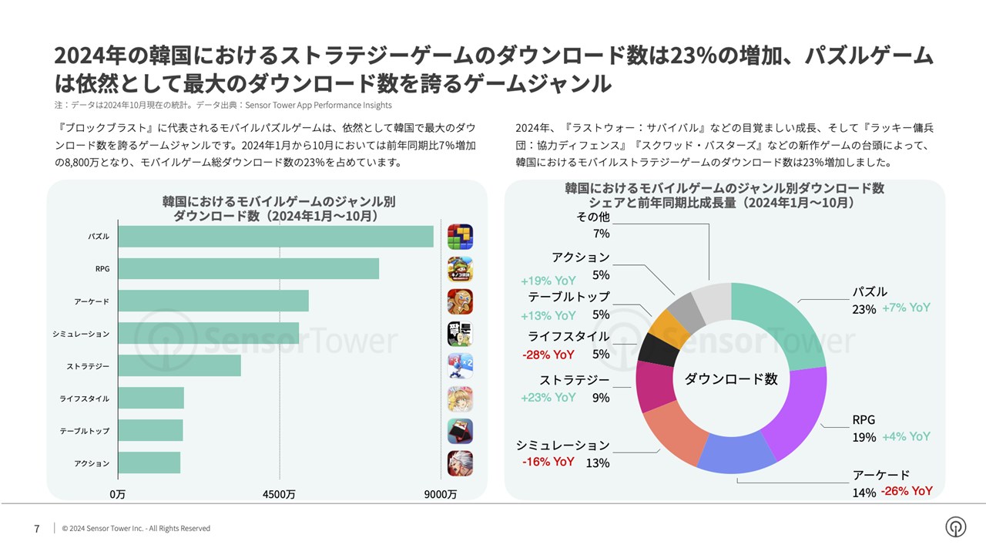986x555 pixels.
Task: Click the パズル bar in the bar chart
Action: (276, 237)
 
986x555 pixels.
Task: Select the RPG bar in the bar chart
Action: (249, 269)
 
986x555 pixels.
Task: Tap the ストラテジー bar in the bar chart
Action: (179, 366)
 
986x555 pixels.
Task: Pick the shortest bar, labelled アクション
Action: (149, 463)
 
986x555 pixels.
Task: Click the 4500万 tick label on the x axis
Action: (280, 494)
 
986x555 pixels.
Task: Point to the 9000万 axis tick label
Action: (441, 494)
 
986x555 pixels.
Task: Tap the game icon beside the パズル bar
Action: (460, 237)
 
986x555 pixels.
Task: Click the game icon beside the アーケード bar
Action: (460, 301)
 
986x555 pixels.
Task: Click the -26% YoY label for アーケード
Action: (907, 491)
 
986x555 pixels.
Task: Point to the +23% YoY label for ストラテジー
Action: (548, 398)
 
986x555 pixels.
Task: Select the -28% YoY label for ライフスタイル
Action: (548, 355)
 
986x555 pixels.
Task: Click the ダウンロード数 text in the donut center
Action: (731, 378)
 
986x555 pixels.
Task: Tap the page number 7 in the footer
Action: (37, 529)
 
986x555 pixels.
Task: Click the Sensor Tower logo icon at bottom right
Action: (955, 527)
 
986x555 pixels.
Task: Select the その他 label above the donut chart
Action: (593, 217)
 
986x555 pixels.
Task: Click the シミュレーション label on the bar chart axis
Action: (81, 334)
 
